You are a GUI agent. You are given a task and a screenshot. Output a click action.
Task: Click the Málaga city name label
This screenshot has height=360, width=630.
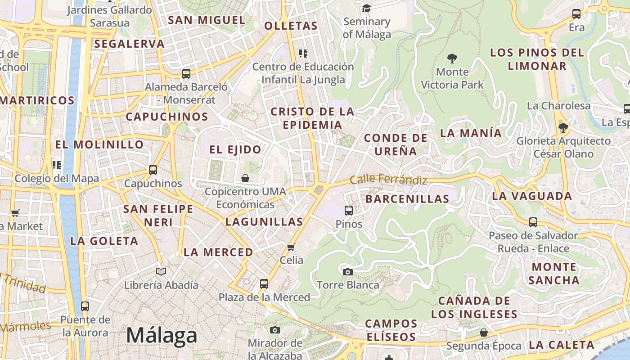click(x=162, y=336)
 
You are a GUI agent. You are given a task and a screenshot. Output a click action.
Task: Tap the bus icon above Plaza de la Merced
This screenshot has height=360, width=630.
click(x=264, y=284)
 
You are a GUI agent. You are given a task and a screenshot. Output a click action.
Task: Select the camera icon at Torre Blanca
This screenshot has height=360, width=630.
click(x=347, y=272)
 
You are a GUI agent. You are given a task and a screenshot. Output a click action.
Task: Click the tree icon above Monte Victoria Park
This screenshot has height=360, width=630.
click(x=452, y=58)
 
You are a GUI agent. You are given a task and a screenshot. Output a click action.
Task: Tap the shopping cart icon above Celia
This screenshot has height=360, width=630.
click(x=291, y=247)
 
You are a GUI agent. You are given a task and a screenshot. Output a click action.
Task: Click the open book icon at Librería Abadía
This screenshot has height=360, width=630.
click(x=161, y=271)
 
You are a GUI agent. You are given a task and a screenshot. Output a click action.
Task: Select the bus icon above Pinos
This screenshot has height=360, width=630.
click(x=349, y=210)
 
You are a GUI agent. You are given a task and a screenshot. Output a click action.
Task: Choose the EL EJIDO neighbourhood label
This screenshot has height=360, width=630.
click(x=235, y=149)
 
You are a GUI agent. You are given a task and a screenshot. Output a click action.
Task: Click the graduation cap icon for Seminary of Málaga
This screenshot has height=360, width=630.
click(x=366, y=8)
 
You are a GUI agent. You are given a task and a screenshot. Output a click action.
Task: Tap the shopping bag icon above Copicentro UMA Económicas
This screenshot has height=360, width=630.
click(x=245, y=178)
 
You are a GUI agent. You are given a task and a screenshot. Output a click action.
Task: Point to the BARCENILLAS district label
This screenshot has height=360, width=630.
click(x=407, y=199)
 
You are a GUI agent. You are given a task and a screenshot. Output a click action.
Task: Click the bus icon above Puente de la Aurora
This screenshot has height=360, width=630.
click(x=85, y=306)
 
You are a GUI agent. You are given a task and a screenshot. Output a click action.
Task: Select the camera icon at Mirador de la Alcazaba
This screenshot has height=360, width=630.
click(x=275, y=330)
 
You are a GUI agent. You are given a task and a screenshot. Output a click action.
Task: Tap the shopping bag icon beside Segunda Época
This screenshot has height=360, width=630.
click(x=483, y=333)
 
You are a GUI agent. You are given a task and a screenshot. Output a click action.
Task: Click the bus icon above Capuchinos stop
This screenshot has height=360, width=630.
click(x=153, y=170)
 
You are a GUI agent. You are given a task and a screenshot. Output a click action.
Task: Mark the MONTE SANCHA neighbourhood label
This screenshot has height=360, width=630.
click(x=554, y=274)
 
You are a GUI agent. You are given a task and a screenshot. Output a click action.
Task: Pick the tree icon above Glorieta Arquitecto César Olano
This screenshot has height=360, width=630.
click(x=563, y=128)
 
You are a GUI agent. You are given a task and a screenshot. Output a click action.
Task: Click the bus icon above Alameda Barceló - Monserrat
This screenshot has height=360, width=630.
click(x=186, y=73)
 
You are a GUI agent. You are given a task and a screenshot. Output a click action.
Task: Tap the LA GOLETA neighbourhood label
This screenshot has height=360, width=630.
click(x=104, y=241)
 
